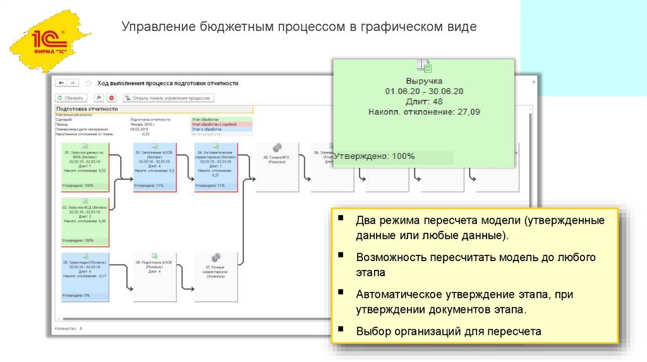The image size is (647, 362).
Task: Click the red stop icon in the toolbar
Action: point(112,98)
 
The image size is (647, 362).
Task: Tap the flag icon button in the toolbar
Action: point(99,98)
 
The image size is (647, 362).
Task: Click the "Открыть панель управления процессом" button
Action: point(169,98)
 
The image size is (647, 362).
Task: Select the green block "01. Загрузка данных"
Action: point(85,167)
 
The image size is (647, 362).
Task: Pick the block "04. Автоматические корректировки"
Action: point(215,167)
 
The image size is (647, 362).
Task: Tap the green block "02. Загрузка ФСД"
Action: point(85,221)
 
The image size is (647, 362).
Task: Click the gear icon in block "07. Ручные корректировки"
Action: point(215,257)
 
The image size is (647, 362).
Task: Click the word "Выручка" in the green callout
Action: point(424,81)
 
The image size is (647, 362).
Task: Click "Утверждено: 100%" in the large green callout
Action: point(375,156)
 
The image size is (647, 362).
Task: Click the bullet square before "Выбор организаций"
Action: point(341,329)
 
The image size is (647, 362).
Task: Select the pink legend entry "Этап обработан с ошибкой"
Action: point(221,125)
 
